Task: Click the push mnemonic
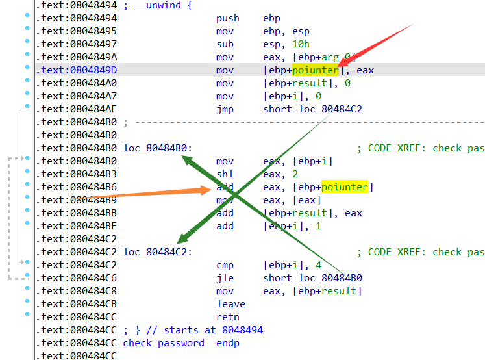coord(227,18)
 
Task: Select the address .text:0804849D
coord(77,70)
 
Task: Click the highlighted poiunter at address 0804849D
coord(315,70)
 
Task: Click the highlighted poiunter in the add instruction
coord(344,187)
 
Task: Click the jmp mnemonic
coord(225,109)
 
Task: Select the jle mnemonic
coord(225,278)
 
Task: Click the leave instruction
coord(230,304)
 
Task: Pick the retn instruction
coord(228,317)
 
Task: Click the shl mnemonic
coord(225,174)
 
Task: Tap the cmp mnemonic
coord(225,265)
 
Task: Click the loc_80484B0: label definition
coord(157,148)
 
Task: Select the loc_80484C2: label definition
coord(157,252)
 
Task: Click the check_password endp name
coord(164,343)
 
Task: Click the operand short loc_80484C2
coord(312,109)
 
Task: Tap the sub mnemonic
coord(225,44)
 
